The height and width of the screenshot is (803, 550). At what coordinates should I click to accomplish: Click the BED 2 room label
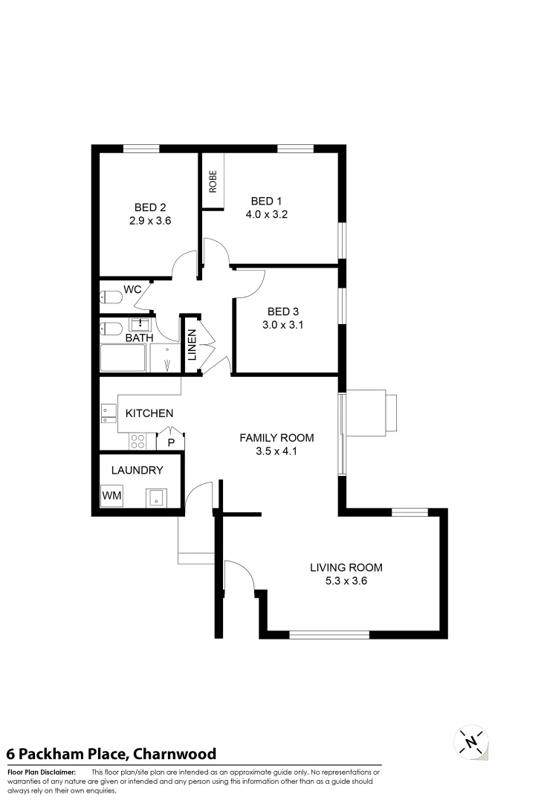(150, 207)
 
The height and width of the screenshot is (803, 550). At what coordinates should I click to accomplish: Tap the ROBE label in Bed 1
(213, 182)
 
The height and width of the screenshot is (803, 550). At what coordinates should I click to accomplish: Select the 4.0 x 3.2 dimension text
(266, 214)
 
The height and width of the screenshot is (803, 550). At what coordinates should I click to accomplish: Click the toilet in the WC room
(111, 297)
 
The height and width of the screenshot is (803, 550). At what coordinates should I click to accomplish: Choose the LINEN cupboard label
(192, 345)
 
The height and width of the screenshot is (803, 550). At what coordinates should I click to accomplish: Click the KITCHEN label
(149, 413)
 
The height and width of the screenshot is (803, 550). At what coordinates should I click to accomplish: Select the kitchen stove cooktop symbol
(138, 441)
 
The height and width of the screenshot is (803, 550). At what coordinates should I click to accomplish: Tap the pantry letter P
(171, 443)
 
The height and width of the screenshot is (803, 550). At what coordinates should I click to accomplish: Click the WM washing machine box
(112, 496)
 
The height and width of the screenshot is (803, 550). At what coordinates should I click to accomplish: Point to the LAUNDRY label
(137, 471)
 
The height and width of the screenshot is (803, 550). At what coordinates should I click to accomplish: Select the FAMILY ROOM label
(276, 437)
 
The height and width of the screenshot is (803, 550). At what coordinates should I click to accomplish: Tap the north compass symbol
(470, 741)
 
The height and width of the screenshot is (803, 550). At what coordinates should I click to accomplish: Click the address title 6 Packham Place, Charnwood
(111, 754)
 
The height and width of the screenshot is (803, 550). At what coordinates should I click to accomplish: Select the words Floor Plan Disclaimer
(42, 773)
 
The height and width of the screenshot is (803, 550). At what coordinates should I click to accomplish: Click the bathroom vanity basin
(140, 324)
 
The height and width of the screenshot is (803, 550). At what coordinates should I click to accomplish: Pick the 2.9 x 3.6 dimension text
(150, 220)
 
